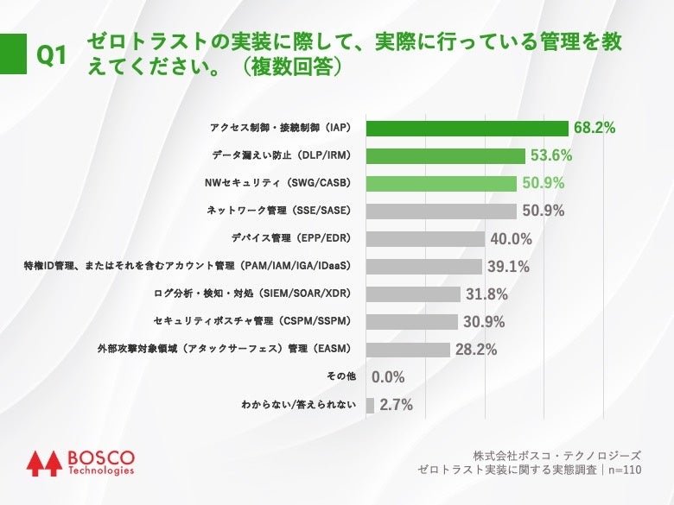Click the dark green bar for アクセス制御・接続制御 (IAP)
pyautogui.click(x=467, y=128)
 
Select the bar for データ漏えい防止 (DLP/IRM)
pyautogui.click(x=446, y=155)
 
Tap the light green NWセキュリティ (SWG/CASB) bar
pyautogui.click(x=441, y=183)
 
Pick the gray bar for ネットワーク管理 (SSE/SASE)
pyautogui.click(x=441, y=211)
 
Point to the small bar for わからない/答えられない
pyautogui.click(x=370, y=405)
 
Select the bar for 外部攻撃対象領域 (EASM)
pyautogui.click(x=408, y=350)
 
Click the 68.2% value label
pyautogui.click(x=595, y=128)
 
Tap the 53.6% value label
pyautogui.click(x=551, y=155)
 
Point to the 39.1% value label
pyautogui.click(x=508, y=267)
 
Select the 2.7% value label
pyautogui.click(x=396, y=405)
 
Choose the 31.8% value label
pyautogui.click(x=486, y=294)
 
